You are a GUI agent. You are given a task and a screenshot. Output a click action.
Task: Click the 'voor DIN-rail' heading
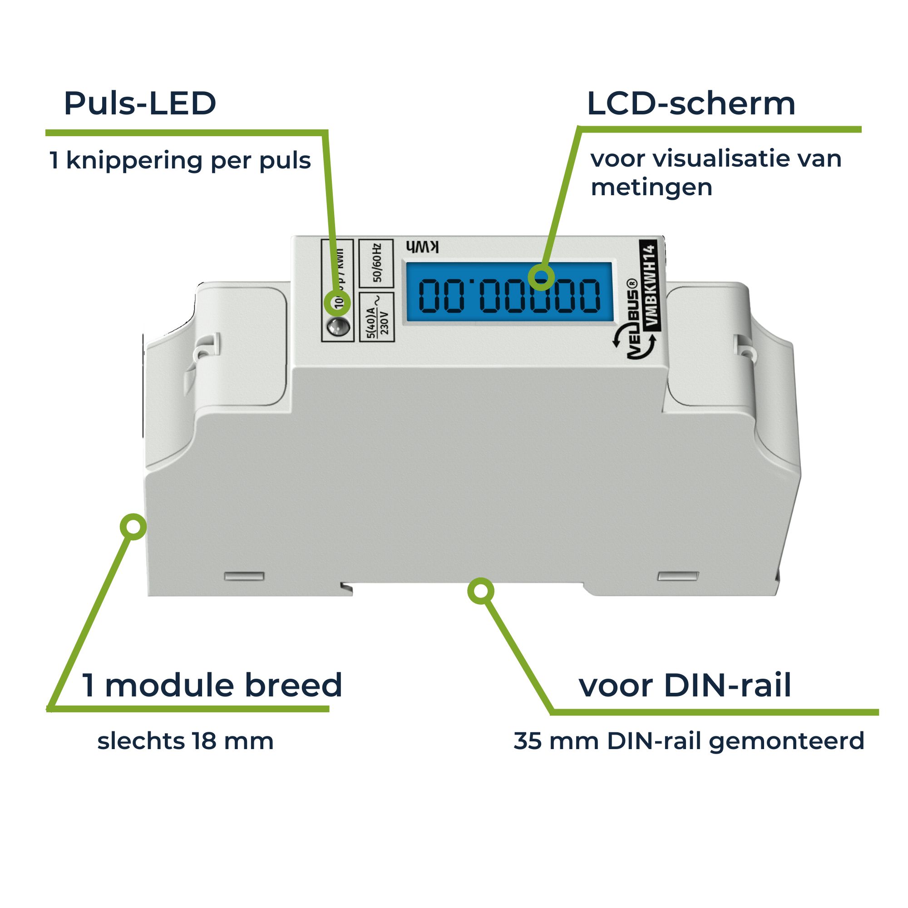685,686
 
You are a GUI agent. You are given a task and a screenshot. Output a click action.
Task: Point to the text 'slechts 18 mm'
185,741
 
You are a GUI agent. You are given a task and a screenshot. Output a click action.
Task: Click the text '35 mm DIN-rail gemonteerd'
689,741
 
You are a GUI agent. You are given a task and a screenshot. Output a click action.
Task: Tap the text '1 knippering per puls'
179,161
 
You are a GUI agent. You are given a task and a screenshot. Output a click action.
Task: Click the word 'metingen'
651,187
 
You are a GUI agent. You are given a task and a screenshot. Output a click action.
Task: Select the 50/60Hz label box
376,263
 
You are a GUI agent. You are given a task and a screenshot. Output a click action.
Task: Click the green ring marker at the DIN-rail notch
480,591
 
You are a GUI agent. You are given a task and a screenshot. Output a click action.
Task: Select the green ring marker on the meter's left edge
133,526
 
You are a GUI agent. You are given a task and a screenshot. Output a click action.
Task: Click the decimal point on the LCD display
473,282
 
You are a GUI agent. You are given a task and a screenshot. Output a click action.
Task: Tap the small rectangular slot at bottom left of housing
244,576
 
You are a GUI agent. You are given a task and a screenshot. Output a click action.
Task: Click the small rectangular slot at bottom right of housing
678,576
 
